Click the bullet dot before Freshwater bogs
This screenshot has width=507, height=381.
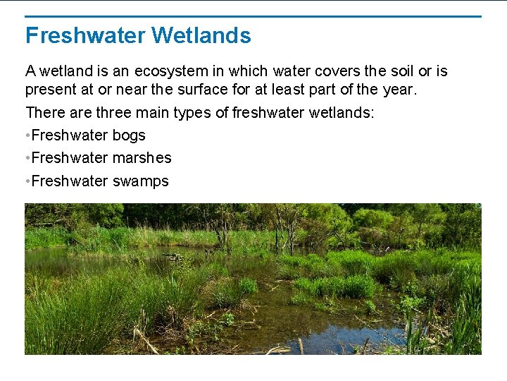27,135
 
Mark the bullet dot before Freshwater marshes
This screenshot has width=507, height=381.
27,158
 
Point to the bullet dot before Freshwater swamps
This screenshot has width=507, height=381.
27,181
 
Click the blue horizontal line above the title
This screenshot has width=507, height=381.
254,16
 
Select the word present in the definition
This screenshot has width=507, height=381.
50,90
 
